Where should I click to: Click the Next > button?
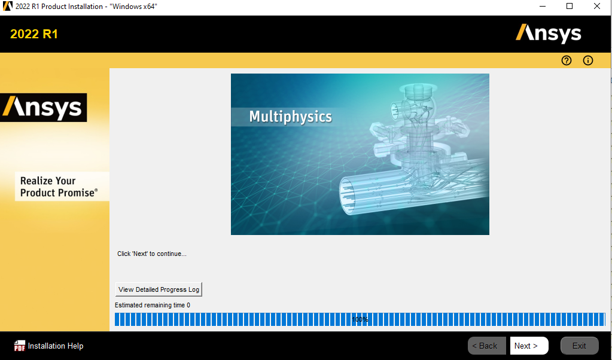tap(529, 346)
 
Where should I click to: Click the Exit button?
tap(579, 346)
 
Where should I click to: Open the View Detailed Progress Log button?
tap(159, 289)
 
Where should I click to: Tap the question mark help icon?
tap(567, 60)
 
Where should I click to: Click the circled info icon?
tap(588, 60)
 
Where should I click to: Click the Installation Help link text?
tap(56, 346)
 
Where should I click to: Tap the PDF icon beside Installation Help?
tap(20, 346)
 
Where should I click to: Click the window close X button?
tap(597, 6)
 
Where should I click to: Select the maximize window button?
tap(570, 6)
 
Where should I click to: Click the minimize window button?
tap(542, 6)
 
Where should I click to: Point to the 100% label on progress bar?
tap(360, 319)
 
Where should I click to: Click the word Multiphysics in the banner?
tap(290, 117)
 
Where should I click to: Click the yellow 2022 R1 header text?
tap(34, 34)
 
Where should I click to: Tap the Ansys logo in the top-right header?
tap(549, 34)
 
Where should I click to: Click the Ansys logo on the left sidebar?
tap(43, 108)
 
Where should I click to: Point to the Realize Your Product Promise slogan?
tap(59, 187)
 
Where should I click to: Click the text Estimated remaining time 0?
tap(152, 305)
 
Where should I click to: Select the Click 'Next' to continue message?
tap(152, 254)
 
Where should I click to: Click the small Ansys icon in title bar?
tap(7, 6)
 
